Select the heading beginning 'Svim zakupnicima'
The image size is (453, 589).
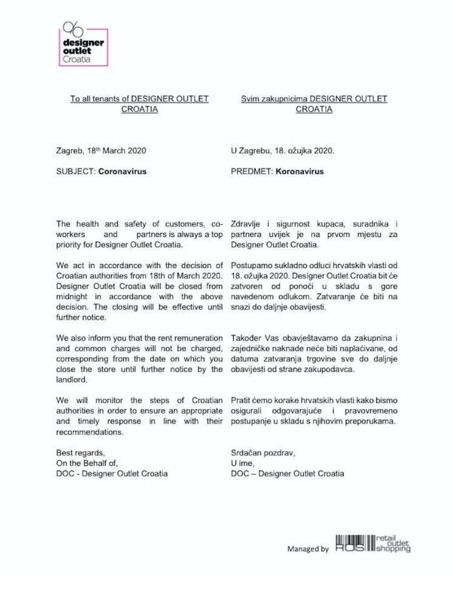(x=314, y=98)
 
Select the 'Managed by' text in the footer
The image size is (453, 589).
(x=308, y=549)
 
